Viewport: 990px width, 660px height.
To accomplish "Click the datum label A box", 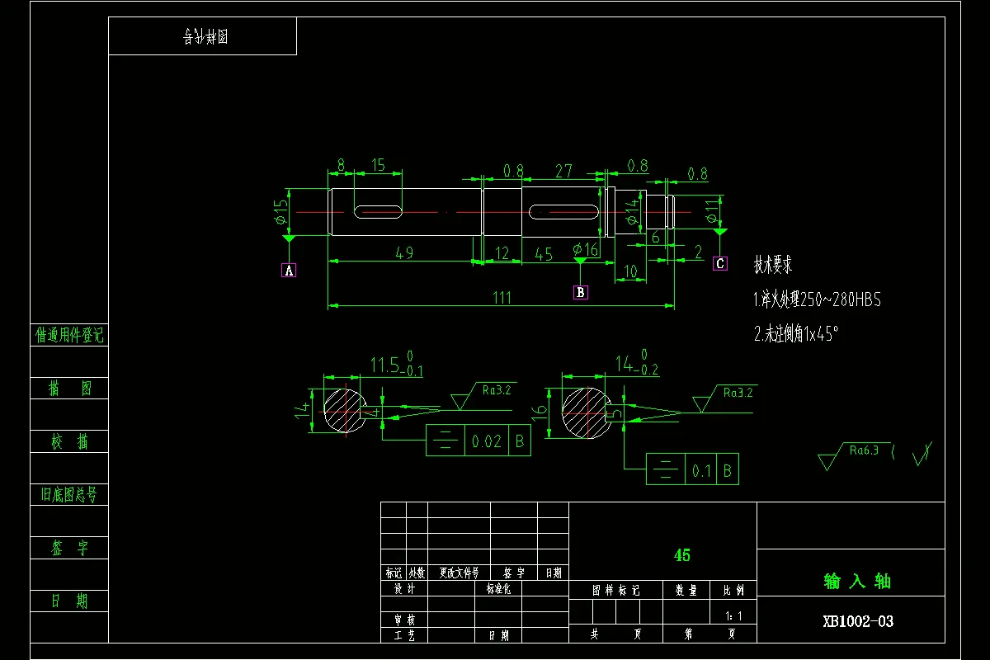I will tap(289, 270).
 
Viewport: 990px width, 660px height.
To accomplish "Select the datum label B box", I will tap(581, 291).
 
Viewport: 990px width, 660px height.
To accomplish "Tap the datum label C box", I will tap(720, 263).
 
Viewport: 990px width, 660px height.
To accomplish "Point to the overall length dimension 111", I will tap(502, 298).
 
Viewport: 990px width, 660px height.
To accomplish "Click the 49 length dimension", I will tap(404, 252).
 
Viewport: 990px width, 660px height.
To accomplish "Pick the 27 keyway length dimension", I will tap(563, 171).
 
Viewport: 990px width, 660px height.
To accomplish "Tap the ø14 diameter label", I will tap(632, 211).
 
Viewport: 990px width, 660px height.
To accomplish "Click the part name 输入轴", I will tap(857, 581).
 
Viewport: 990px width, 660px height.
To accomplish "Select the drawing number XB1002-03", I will tap(857, 621).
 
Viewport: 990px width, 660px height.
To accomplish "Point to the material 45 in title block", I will tap(682, 555).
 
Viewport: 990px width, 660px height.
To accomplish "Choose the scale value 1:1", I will tap(733, 615).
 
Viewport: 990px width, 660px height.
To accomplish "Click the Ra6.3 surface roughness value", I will tap(864, 450).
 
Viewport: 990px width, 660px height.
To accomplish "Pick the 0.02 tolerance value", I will tap(487, 442).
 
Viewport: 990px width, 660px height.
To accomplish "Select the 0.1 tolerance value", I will tap(701, 471).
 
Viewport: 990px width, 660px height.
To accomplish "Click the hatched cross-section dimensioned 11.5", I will tap(344, 409).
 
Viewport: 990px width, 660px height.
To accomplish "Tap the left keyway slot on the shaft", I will tap(379, 212).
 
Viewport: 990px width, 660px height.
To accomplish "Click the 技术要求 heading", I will tap(773, 265).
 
